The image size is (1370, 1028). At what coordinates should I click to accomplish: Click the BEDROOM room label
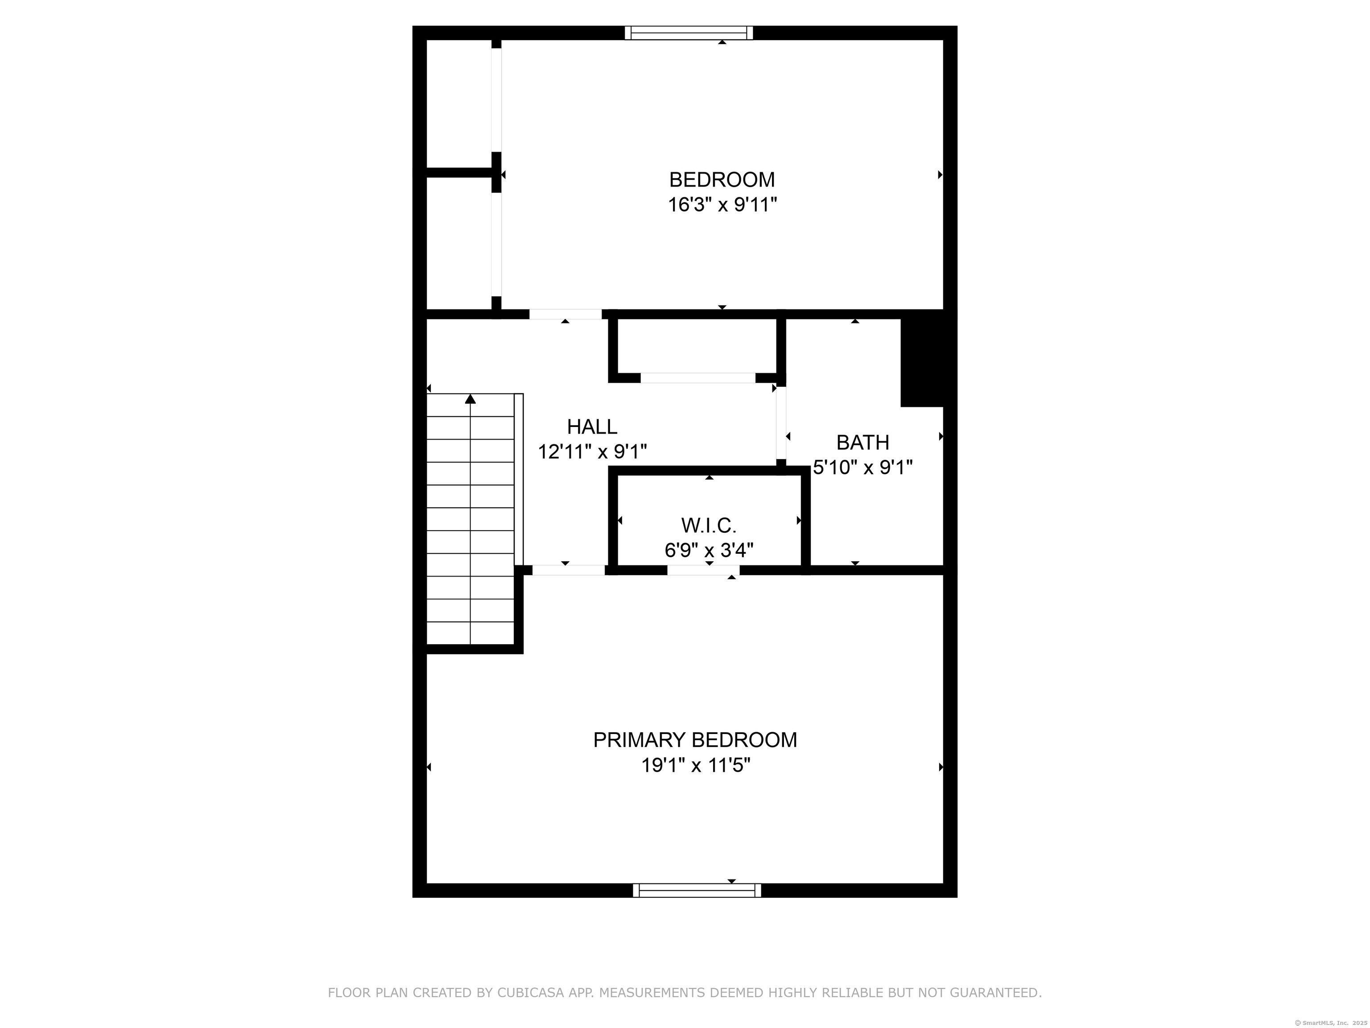[722, 180]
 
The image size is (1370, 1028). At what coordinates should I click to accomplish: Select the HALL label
[592, 427]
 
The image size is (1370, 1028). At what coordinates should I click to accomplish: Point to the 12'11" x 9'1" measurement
[592, 452]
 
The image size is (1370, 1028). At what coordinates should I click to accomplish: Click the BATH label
[863, 443]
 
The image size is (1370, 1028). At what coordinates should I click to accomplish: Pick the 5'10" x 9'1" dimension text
[863, 467]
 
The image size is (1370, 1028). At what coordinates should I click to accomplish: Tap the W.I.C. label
[709, 526]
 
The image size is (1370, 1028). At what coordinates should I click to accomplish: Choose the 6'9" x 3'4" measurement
[709, 550]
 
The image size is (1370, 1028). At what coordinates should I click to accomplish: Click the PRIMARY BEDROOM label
[695, 740]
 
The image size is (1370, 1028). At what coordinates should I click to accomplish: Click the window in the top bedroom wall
[689, 33]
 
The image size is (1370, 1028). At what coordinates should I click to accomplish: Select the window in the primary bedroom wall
[697, 891]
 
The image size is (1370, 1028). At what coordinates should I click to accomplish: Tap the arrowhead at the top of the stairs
[470, 399]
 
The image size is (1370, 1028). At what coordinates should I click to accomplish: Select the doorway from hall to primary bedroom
[569, 570]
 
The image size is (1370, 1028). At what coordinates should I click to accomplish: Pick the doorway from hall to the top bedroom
[565, 314]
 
